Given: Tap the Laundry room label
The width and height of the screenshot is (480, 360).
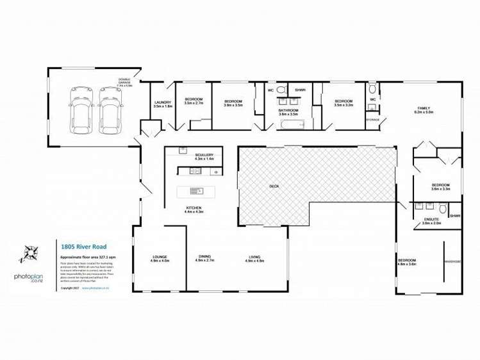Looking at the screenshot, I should tap(163, 104).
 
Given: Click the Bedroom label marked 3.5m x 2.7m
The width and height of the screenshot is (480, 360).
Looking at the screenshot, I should tap(194, 101).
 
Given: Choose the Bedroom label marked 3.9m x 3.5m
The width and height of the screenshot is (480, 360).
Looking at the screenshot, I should tap(233, 102).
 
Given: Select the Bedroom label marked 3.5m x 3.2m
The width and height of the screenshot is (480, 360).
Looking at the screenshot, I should tap(343, 102).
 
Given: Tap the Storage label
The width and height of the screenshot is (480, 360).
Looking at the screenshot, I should tap(372, 120).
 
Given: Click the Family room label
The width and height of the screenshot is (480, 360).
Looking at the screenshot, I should tap(424, 110).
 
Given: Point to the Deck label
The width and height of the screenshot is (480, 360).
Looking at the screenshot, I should tap(274, 186).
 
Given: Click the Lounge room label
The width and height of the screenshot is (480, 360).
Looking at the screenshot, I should tap(160, 259).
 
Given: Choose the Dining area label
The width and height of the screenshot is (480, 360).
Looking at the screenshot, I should tap(204, 259).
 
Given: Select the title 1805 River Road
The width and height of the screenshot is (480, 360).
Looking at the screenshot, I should tap(79, 245).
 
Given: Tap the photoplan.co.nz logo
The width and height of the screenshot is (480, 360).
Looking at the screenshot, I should tap(29, 278).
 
